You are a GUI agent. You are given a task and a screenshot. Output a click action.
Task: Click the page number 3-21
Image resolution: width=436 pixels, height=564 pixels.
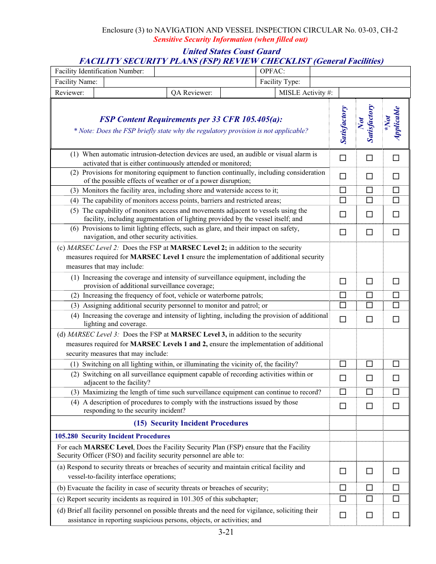point(226,532)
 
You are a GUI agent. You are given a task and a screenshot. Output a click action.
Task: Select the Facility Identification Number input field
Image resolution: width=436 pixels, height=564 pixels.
point(205,71)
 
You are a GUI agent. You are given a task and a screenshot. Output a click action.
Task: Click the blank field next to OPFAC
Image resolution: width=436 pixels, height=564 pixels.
point(359,71)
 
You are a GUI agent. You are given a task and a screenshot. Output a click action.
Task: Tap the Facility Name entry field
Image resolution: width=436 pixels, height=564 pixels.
point(179,82)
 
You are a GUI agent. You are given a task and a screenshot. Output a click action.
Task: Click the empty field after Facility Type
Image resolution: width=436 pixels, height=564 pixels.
point(359,82)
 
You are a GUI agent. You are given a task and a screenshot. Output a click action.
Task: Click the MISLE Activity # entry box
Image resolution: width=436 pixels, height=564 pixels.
point(374,93)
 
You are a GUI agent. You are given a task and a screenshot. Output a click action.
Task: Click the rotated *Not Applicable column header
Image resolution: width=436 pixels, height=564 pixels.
point(393,124)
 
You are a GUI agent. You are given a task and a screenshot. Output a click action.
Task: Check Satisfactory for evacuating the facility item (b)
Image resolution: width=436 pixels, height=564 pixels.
point(343,488)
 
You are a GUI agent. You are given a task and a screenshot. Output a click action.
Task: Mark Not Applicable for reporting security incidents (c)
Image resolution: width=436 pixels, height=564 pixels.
point(396,498)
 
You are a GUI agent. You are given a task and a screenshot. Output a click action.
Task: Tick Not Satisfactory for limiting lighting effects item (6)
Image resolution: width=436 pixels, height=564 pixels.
point(369,232)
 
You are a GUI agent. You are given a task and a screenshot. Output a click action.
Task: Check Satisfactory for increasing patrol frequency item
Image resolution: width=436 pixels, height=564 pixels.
point(343,295)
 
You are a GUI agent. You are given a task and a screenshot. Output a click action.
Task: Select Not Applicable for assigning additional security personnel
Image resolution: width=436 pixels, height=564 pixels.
point(396,305)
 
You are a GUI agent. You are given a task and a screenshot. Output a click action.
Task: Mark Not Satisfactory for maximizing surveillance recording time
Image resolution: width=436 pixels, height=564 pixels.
point(369,392)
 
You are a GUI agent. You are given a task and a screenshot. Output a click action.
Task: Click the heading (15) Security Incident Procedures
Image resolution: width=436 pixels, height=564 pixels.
point(190,423)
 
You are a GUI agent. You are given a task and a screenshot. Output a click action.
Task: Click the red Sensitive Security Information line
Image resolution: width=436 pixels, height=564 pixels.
point(230,39)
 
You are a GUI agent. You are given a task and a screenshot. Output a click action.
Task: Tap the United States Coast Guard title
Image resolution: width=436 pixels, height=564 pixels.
point(231,51)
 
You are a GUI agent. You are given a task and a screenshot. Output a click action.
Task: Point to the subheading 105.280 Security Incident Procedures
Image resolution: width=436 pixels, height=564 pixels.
point(112,436)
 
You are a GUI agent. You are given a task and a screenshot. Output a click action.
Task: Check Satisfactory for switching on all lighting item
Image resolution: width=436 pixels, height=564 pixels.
point(343,364)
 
